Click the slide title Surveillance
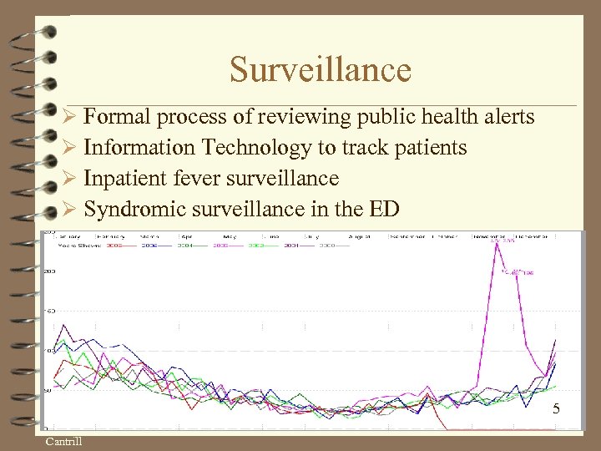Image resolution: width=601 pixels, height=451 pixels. [321, 69]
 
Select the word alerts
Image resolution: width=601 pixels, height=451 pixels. [504, 117]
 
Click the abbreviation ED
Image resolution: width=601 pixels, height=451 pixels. [385, 209]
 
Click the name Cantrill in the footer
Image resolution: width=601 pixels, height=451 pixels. [63, 441]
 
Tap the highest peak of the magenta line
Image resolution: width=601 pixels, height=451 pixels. [497, 242]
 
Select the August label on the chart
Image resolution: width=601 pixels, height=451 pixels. [360, 237]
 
